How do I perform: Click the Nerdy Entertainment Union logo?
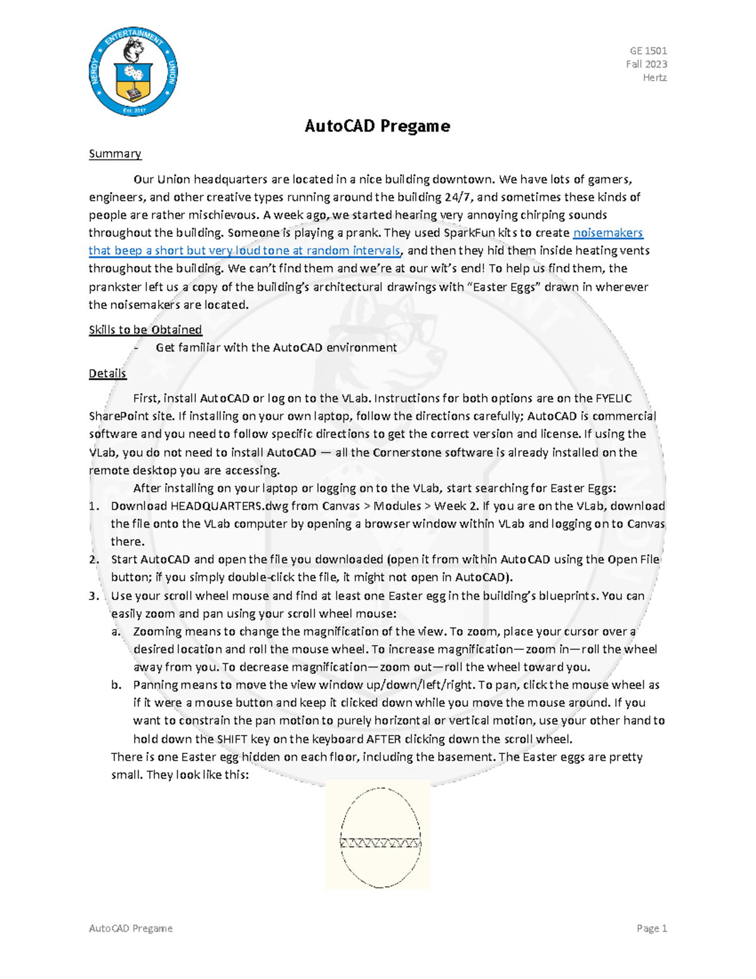click(x=133, y=72)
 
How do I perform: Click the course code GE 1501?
click(x=648, y=50)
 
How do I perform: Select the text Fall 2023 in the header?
click(x=646, y=64)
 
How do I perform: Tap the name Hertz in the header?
click(x=655, y=78)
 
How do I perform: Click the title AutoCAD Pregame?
click(x=377, y=126)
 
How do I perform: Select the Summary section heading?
click(x=115, y=154)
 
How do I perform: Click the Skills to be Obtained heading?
click(x=145, y=330)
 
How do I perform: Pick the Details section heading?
click(x=107, y=373)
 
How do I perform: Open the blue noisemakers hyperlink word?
click(x=608, y=233)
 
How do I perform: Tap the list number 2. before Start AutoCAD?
click(x=94, y=560)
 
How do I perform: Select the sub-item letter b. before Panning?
click(x=116, y=685)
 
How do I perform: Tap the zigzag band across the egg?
click(x=380, y=843)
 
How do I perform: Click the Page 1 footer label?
click(x=651, y=928)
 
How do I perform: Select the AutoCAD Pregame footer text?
click(x=130, y=928)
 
